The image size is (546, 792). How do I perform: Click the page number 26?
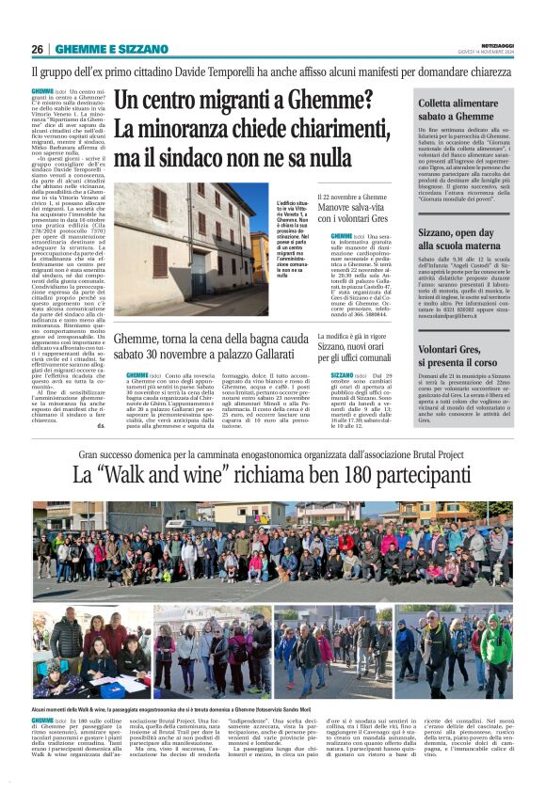38,49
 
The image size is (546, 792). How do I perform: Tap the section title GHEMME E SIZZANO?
98,49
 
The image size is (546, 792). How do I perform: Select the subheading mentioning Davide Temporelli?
272,71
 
